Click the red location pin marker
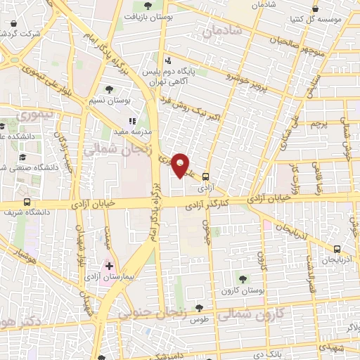click(x=181, y=165)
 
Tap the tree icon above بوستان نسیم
click(x=109, y=89)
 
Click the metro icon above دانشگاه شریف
click(x=27, y=202)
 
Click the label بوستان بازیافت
click(x=149, y=15)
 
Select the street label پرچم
click(x=317, y=124)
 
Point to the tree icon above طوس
click(x=200, y=307)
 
